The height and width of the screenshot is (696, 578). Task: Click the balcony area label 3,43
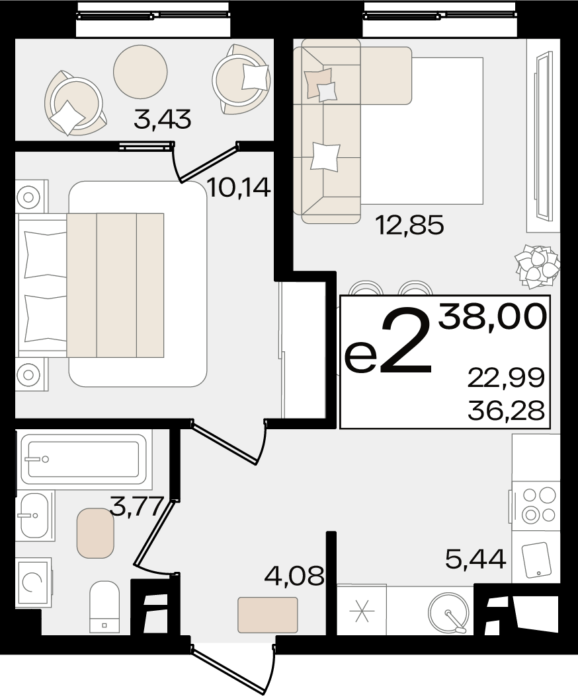(x=162, y=120)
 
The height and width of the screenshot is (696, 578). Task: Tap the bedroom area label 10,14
(x=239, y=188)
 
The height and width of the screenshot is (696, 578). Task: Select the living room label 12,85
(x=409, y=225)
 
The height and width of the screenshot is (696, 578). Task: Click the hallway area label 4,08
(x=293, y=576)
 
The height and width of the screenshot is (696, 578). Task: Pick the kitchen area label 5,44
(x=475, y=559)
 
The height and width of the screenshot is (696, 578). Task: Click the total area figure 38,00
(x=492, y=316)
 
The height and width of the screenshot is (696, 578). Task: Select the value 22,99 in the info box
(x=505, y=378)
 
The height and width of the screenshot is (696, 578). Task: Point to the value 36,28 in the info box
(x=506, y=411)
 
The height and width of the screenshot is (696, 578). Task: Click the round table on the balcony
(x=140, y=71)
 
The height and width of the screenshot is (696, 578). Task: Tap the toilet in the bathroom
(x=104, y=606)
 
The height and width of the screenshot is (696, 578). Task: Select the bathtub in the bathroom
(x=84, y=459)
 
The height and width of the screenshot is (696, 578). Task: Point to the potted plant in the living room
(x=536, y=265)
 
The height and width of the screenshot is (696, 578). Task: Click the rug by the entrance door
(x=268, y=614)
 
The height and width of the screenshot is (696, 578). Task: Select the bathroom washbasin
(x=34, y=515)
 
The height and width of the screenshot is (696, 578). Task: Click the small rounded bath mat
(x=96, y=533)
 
